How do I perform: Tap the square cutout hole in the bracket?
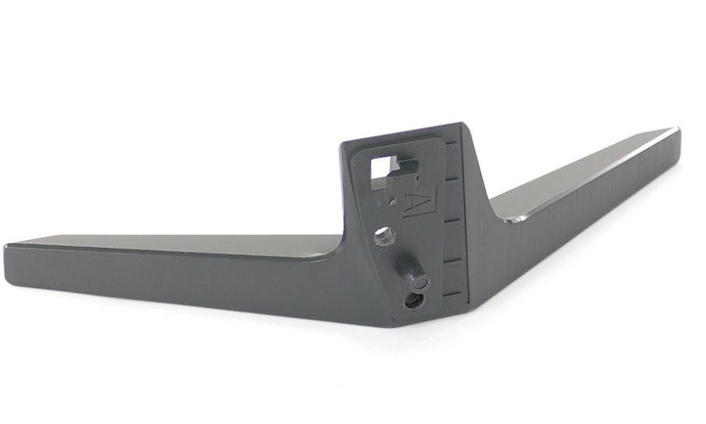tap(381, 171)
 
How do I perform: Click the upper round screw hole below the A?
tap(384, 235)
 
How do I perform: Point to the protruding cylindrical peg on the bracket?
tap(413, 272)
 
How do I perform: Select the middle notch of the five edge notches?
tap(452, 221)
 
